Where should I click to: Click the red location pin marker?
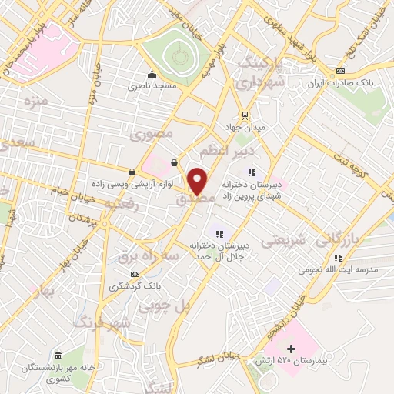[198, 181]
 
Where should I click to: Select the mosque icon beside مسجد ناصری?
[152, 75]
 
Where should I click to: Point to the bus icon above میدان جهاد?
[245, 115]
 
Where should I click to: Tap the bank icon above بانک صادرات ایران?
[340, 71]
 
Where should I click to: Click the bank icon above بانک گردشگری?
[136, 274]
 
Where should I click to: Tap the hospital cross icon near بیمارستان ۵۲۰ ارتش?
[291, 349]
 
